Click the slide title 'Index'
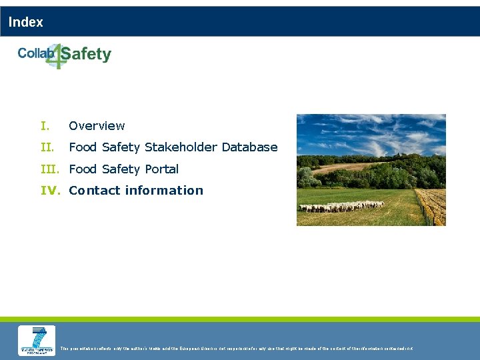tap(26, 22)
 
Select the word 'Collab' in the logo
tap(35, 53)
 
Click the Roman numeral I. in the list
tap(45, 125)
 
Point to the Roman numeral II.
tap(46, 147)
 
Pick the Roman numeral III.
tap(51, 169)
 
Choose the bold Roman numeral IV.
tap(51, 190)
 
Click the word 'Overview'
tap(97, 125)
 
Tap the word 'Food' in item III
tap(83, 169)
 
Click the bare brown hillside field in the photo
tap(347, 167)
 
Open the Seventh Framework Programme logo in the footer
tap(37, 340)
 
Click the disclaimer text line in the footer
tap(237, 348)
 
